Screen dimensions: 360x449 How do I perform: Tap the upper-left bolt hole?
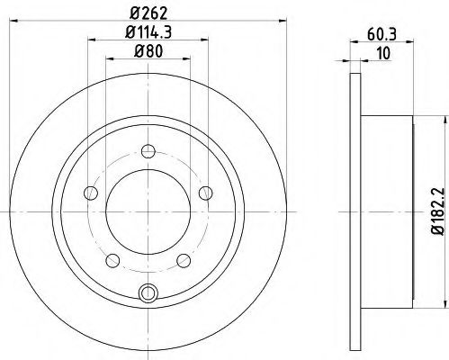[90, 193]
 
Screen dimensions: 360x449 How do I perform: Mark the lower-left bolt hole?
[112, 260]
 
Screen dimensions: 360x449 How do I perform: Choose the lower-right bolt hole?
[184, 260]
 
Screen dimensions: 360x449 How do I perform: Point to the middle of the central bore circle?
[148, 212]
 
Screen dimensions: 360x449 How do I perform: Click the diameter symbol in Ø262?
[131, 12]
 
